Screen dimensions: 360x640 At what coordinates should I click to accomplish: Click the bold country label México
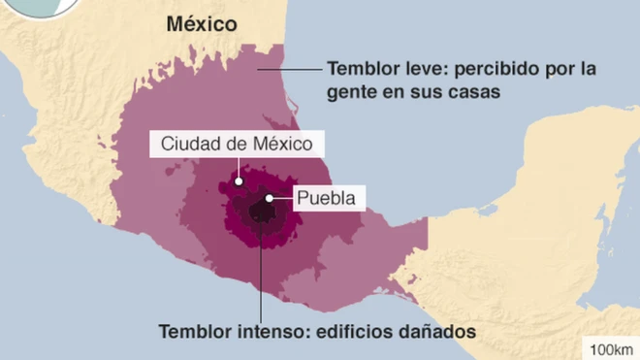(201, 24)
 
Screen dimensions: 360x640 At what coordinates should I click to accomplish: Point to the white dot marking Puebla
(269, 199)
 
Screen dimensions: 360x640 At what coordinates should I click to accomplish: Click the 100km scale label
(609, 348)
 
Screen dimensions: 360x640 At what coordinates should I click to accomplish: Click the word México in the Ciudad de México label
(281, 144)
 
